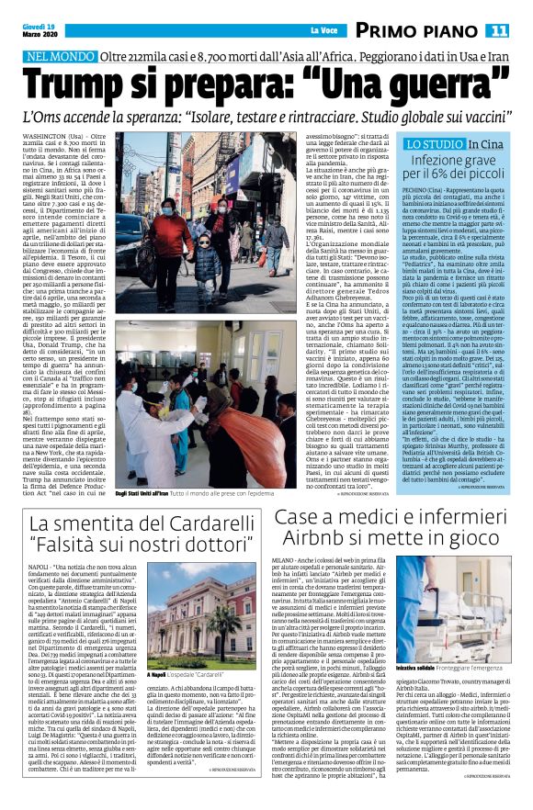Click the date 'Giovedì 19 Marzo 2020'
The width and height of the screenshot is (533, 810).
(x=36, y=30)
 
